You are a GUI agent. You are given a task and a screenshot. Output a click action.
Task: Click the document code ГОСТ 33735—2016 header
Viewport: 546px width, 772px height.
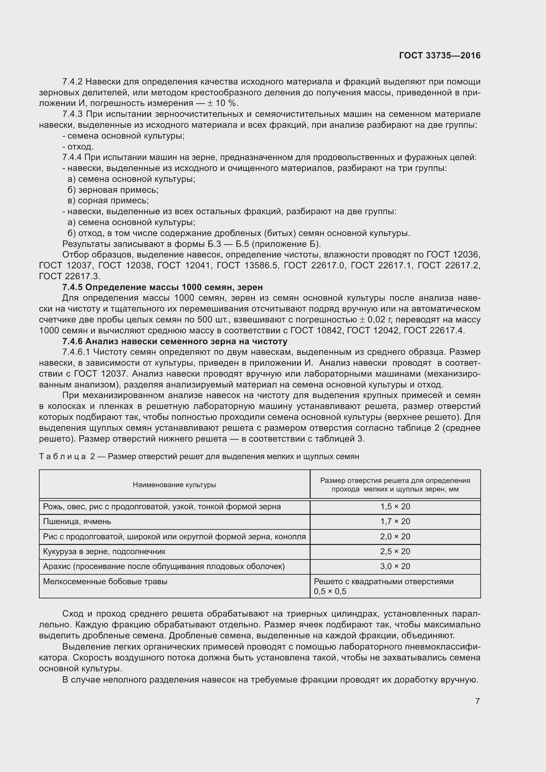coord(439,56)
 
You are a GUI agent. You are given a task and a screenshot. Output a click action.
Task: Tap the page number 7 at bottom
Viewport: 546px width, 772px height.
coord(477,701)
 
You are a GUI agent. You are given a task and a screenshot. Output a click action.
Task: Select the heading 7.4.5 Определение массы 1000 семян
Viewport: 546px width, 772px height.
coord(162,287)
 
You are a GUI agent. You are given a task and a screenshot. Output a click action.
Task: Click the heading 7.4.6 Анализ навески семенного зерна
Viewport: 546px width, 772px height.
coord(175,341)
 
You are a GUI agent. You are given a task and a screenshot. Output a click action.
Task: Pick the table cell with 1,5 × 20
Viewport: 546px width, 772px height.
coord(395,507)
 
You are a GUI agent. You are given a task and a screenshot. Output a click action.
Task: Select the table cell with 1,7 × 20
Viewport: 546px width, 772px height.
coord(395,521)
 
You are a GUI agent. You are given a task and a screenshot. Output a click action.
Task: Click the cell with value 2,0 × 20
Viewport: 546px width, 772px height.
coord(395,537)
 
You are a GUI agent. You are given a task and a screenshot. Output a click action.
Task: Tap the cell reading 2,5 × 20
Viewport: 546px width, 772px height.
coord(395,552)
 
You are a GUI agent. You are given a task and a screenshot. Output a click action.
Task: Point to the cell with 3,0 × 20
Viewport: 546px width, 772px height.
coord(395,566)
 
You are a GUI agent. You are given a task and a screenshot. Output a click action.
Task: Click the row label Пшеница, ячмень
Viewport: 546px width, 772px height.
coord(77,521)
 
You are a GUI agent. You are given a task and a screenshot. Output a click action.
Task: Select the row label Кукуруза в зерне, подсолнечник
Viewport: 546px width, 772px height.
coord(104,552)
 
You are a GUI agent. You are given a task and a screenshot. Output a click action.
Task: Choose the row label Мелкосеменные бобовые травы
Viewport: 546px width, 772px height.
coord(105,581)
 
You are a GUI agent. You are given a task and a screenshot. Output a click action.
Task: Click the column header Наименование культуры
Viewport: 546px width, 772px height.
coord(174,485)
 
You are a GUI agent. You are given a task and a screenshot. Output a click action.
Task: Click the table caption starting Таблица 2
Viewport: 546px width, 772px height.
coord(199,456)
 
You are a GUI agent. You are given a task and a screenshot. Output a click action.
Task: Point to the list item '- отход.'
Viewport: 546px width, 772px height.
coord(78,147)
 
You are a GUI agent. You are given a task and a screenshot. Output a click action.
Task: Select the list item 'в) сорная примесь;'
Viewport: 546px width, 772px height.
coord(108,201)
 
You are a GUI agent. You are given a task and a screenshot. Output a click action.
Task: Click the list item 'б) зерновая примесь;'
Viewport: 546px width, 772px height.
coord(113,190)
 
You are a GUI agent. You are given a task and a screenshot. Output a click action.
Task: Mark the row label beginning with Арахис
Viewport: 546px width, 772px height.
coord(164,566)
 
